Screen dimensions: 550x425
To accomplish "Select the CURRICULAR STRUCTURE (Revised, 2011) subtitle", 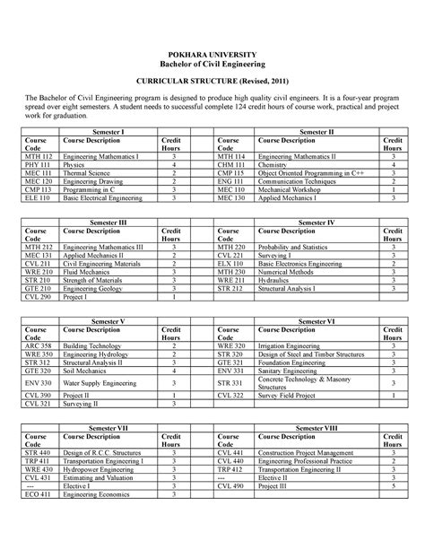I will (212, 81).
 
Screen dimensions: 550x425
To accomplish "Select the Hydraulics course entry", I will (274, 280).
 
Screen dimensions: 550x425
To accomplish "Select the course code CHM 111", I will (231, 165).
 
